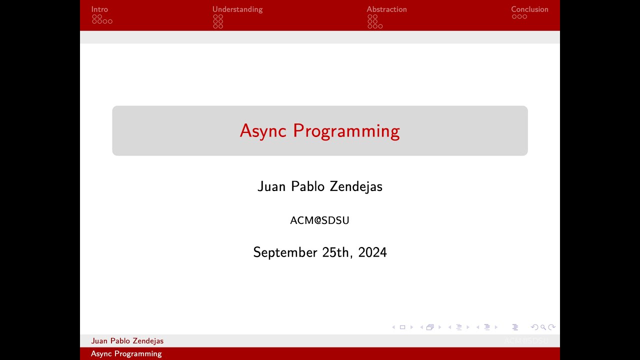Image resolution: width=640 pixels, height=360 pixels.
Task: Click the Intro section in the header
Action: coord(99,9)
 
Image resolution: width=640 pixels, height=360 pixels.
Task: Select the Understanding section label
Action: coord(237,9)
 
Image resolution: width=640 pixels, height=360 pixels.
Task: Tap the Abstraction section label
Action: coord(386,9)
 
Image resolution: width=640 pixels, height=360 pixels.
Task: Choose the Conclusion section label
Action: coord(529,9)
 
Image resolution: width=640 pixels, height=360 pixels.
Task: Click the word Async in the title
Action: coord(263,131)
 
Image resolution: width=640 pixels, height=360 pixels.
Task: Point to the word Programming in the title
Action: coord(346,131)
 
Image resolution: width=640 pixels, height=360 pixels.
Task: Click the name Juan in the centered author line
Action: coord(271,186)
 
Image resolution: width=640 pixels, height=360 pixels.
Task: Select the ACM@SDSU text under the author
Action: coord(319,220)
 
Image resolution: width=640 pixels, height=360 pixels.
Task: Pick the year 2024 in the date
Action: coord(372,252)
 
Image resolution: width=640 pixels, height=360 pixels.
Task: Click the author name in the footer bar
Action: coord(127,341)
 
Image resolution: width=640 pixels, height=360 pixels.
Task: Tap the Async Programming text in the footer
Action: coord(126,354)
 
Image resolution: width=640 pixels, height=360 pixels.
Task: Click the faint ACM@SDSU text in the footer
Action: coord(526,341)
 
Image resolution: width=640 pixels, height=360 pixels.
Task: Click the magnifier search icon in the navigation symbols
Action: coord(543,327)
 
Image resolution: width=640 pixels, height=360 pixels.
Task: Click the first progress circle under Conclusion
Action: coord(514,16)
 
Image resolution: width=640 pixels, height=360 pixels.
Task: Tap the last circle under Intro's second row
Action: coord(110,21)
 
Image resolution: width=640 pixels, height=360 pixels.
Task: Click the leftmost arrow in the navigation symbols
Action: coord(393,327)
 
